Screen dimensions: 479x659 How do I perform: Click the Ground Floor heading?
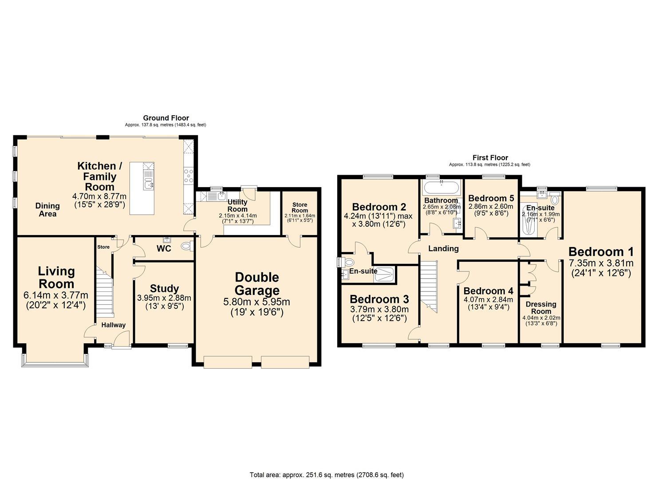point(166,118)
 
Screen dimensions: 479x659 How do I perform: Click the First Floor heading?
point(490,157)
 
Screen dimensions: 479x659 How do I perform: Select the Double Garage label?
point(257,284)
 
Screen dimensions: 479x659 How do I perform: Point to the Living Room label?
point(56,277)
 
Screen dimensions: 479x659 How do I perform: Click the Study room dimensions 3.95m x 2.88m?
point(164,298)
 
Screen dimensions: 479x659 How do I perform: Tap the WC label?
point(164,248)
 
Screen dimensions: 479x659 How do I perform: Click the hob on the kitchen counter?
point(188,176)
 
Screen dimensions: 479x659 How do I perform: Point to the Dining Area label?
point(47,210)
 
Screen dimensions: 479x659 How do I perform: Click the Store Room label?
point(300,208)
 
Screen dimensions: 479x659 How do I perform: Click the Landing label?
point(443,248)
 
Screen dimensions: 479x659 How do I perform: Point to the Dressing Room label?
point(541,307)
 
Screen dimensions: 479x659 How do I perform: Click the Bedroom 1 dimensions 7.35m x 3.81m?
point(601,263)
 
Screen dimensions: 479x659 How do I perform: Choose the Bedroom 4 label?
point(488,291)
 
